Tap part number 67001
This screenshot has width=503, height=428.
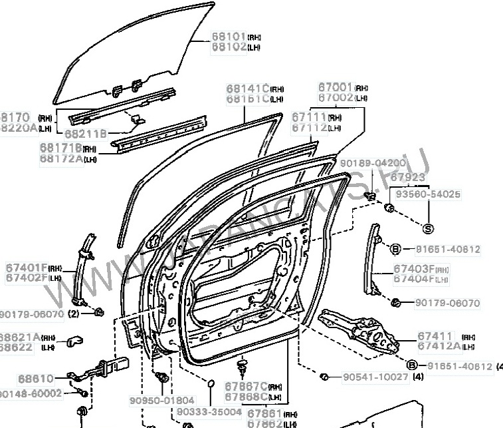click(335, 87)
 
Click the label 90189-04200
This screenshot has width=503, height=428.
click(371, 163)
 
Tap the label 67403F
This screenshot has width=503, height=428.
click(413, 268)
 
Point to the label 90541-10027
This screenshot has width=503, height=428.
click(375, 377)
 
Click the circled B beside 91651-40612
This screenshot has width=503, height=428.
click(395, 249)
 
